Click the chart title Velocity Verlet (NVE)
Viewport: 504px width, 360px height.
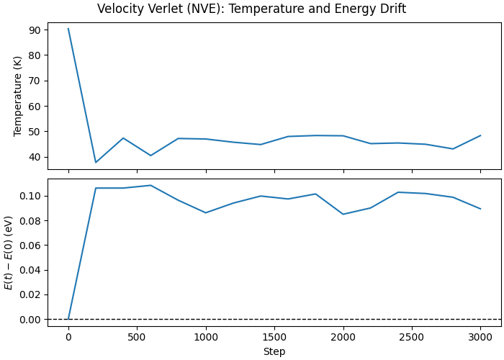pyautogui.click(x=251, y=9)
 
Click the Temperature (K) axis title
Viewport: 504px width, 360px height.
pyautogui.click(x=19, y=96)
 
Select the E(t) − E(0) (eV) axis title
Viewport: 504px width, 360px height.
pyautogui.click(x=9, y=252)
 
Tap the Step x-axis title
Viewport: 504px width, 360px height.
pyautogui.click(x=274, y=351)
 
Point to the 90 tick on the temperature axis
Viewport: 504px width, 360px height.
pyautogui.click(x=34, y=30)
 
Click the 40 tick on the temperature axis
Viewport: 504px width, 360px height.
pyautogui.click(x=34, y=157)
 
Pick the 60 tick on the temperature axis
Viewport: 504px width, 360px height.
pyautogui.click(x=34, y=106)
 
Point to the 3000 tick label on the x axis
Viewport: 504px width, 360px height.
pyautogui.click(x=480, y=336)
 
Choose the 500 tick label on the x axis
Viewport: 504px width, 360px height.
pyautogui.click(x=137, y=336)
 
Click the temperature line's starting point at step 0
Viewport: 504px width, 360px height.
pyautogui.click(x=68, y=29)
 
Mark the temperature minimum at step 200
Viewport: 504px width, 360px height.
pyautogui.click(x=96, y=162)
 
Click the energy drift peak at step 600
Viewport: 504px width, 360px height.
pyautogui.click(x=150, y=185)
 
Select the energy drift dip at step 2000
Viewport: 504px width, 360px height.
pyautogui.click(x=343, y=214)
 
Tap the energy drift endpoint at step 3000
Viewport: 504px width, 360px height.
pyautogui.click(x=480, y=209)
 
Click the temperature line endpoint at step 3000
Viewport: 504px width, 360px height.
pyautogui.click(x=480, y=135)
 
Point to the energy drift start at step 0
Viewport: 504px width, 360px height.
pyautogui.click(x=68, y=319)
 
